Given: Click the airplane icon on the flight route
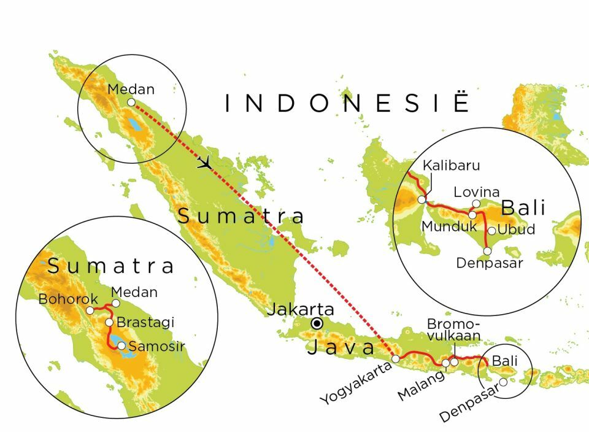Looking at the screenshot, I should tap(205, 163).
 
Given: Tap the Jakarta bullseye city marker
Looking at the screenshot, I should tap(317, 323).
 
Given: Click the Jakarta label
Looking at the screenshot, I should tap(300, 309).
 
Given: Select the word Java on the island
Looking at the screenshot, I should tap(341, 347).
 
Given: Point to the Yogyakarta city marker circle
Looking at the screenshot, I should tap(396, 358).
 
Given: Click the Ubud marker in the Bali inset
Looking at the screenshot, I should tap(491, 231).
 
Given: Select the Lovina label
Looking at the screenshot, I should tap(476, 192).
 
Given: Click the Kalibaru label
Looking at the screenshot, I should tap(451, 165).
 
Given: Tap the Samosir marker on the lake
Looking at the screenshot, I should tap(122, 345).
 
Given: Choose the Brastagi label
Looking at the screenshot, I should tap(145, 322).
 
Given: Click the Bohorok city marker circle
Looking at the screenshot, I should tap(90, 310).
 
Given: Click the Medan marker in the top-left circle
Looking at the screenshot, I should tap(131, 102).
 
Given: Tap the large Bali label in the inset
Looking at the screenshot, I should tap(523, 208).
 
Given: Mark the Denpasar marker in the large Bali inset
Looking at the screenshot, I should tap(488, 250).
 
